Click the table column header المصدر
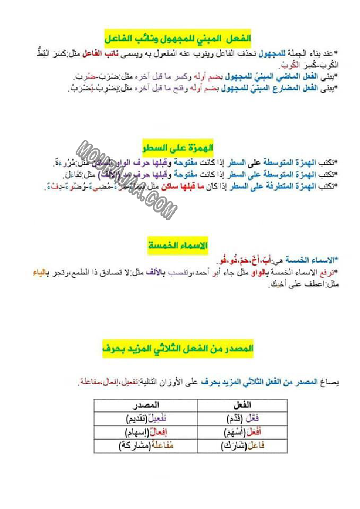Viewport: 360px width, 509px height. [x=145, y=405]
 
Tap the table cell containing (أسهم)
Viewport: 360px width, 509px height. [x=243, y=432]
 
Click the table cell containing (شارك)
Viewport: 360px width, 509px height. [x=243, y=446]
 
